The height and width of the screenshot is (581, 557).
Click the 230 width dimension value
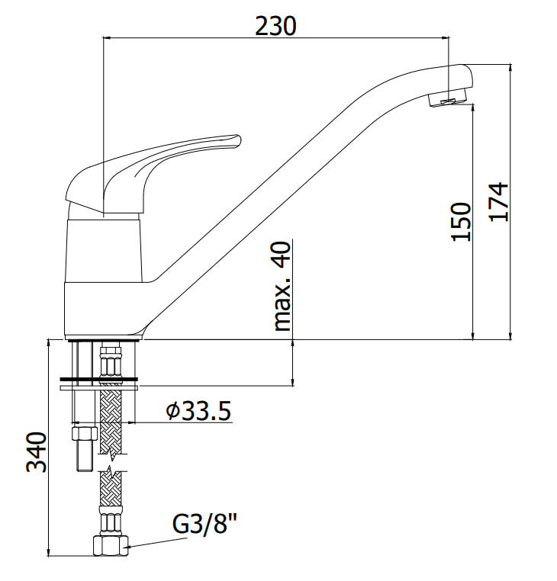pos(275,26)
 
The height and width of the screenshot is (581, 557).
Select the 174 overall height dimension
pos(498,202)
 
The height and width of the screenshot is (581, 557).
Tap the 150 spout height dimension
pos(461,222)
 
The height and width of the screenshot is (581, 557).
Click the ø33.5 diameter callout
pos(199,410)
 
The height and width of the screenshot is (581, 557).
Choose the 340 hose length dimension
pos(37,451)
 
